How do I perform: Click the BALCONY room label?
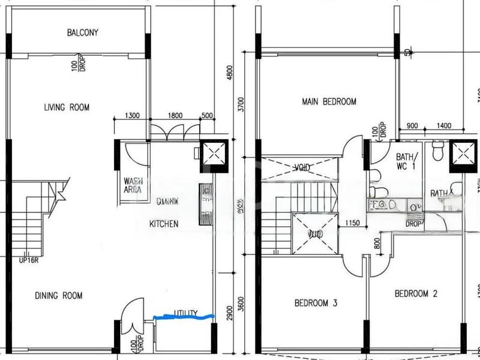(82, 32)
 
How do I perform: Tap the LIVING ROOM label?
(67, 107)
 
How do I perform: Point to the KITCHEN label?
(164, 224)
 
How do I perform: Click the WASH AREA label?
(133, 184)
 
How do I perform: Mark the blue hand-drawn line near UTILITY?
(184, 316)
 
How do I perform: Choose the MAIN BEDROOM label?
(328, 102)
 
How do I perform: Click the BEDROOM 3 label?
(316, 304)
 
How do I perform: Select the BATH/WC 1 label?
(406, 162)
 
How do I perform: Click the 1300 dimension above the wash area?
(132, 116)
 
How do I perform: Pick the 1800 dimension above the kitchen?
(175, 116)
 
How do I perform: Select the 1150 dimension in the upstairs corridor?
(352, 224)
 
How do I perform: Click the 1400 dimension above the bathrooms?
(445, 125)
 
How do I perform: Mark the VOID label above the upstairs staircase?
(302, 167)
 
